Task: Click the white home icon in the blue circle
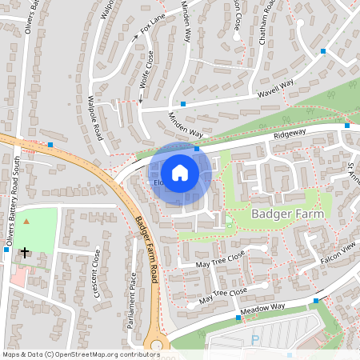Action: click(x=180, y=172)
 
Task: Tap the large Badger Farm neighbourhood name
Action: click(x=288, y=214)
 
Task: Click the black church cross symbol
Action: click(x=25, y=252)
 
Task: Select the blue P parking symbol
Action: click(x=255, y=339)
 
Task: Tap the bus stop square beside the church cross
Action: click(x=6, y=249)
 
